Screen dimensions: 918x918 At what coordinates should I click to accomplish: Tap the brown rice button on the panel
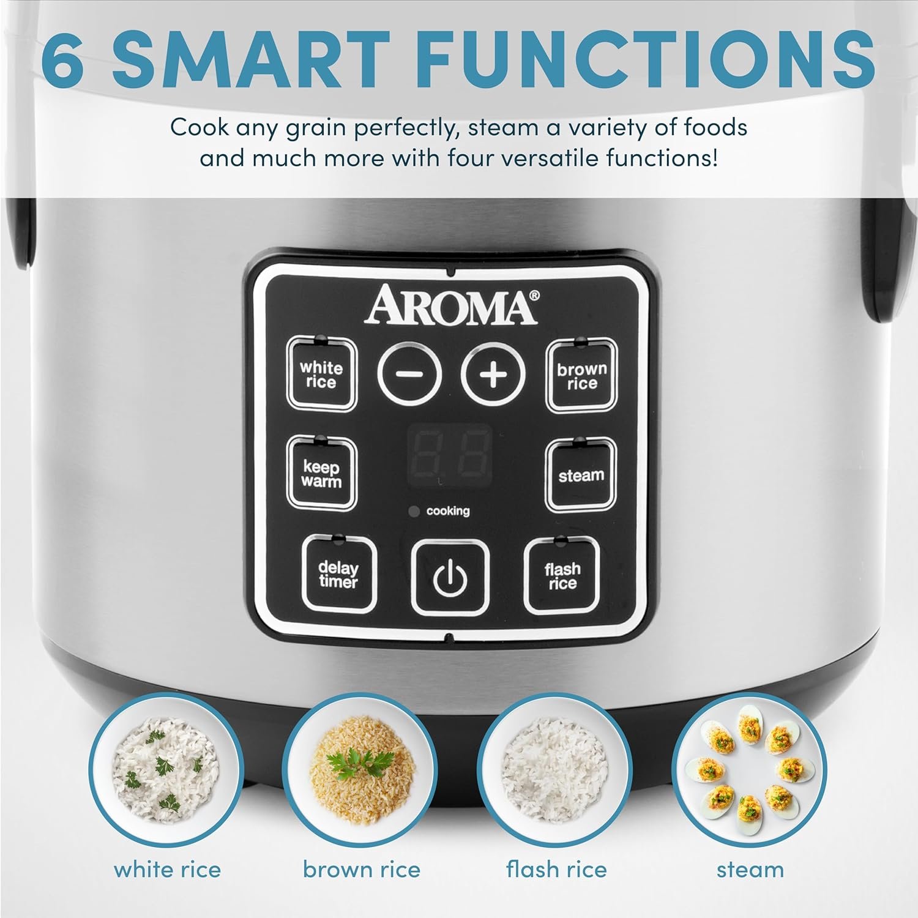point(581,376)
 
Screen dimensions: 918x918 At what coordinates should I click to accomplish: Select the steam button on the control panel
point(581,475)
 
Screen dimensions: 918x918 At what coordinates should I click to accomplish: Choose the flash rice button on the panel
point(562,575)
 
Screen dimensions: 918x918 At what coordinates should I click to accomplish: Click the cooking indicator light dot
point(414,511)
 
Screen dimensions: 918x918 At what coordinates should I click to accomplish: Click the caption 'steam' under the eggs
point(750,870)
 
